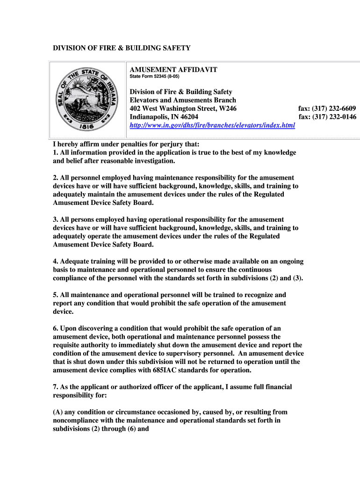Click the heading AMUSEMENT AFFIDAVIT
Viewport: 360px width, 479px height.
(173, 70)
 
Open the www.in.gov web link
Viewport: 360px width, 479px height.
(212, 126)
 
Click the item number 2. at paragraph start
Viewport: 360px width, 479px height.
(55, 178)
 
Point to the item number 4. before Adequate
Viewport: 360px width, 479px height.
(55, 261)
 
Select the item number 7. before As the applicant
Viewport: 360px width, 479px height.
(55, 387)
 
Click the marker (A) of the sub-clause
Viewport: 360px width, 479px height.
(58, 412)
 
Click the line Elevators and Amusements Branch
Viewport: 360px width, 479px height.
(183, 100)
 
